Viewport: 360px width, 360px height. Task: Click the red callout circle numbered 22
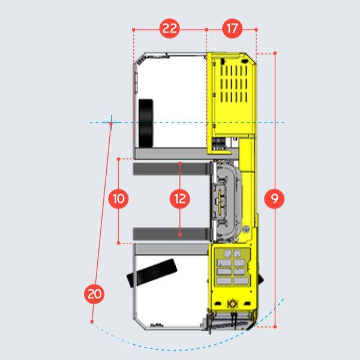coord(170,29)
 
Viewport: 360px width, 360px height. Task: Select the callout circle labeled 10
coord(119,199)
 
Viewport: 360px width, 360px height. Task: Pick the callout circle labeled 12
coord(180,199)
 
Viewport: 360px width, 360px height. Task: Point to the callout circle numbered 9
coord(274,199)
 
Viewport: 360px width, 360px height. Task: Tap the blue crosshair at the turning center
coord(111,122)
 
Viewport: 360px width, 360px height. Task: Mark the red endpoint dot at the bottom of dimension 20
coord(92,322)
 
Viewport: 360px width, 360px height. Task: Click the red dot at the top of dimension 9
coord(275,53)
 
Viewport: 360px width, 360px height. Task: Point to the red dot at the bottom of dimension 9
coord(275,327)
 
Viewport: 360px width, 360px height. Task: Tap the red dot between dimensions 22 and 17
coord(206,29)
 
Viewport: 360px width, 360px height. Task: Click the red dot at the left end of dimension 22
coord(133,29)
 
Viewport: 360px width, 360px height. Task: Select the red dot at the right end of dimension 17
coord(256,29)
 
